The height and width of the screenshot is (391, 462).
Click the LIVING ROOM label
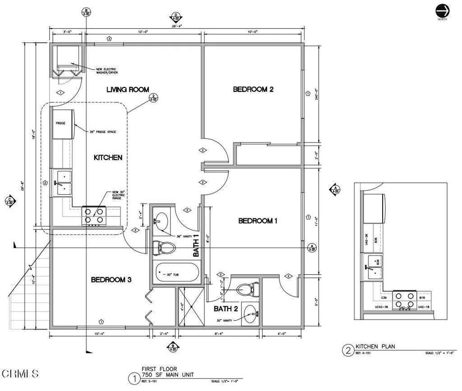128,89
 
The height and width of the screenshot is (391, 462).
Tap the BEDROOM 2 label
253,89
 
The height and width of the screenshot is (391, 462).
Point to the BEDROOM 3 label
111,280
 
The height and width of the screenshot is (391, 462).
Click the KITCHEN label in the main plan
108,157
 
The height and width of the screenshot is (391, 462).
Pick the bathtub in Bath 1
176,272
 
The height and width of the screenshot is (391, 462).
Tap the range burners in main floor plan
93,216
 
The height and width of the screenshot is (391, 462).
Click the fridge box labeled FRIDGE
63,123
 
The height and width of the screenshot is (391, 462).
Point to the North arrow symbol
442,11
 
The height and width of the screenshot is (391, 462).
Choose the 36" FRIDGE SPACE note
103,132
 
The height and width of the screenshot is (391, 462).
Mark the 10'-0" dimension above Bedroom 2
253,32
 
